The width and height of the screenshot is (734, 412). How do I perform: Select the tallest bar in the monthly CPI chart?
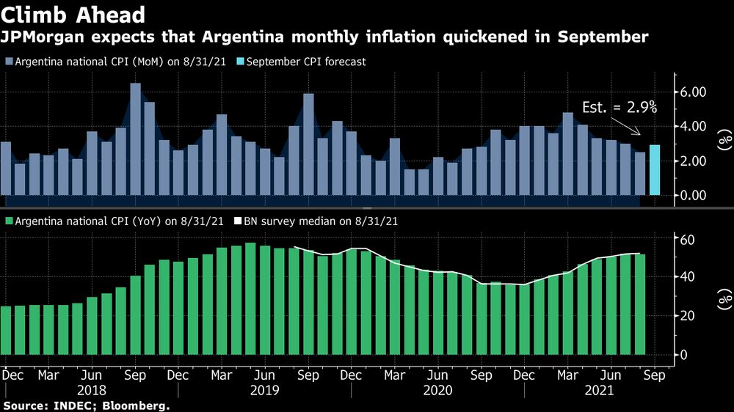(135, 139)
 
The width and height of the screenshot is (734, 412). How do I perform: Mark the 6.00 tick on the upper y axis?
(694, 92)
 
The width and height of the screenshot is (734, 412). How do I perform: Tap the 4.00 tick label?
(694, 126)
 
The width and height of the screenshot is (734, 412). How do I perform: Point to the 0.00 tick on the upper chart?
(694, 195)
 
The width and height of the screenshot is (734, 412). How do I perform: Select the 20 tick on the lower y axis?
(687, 315)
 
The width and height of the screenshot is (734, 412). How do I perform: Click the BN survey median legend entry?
(316, 220)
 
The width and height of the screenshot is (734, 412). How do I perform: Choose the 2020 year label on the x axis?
(438, 391)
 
